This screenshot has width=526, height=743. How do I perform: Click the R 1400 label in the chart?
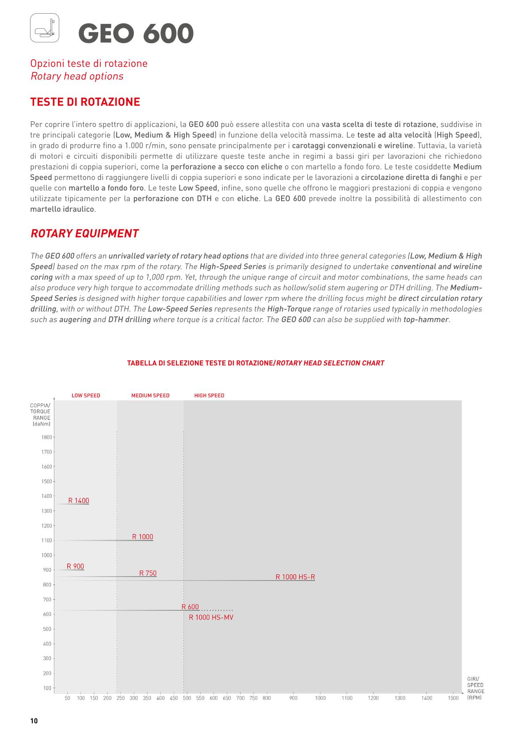click(x=79, y=501)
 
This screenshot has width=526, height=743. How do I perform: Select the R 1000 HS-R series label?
click(x=295, y=577)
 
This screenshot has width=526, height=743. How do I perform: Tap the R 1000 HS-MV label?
click(x=211, y=618)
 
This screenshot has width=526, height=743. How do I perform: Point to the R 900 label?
click(x=75, y=566)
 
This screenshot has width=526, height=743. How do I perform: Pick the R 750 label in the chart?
click(x=148, y=573)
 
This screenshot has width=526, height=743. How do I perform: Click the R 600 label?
click(x=190, y=607)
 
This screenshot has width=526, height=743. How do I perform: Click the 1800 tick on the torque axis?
click(x=46, y=438)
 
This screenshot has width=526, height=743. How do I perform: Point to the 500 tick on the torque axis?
click(x=47, y=629)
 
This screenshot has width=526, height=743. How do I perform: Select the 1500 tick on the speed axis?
click(x=453, y=698)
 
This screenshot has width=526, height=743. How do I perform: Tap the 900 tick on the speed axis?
click(x=293, y=698)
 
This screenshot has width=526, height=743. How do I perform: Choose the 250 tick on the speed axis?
click(x=120, y=698)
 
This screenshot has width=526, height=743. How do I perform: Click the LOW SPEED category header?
click(x=86, y=396)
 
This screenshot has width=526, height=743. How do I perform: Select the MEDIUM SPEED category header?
click(x=150, y=396)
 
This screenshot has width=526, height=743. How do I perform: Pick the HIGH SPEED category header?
click(x=209, y=396)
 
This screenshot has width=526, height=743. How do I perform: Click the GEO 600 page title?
click(x=136, y=34)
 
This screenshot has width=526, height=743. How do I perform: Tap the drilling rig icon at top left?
click(x=44, y=28)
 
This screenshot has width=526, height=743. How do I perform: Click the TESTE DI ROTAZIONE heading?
click(x=85, y=102)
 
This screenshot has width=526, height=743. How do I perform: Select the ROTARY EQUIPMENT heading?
click(x=84, y=234)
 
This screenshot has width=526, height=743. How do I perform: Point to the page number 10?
click(x=34, y=721)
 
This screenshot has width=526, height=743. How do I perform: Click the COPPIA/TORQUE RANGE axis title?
click(x=40, y=415)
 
